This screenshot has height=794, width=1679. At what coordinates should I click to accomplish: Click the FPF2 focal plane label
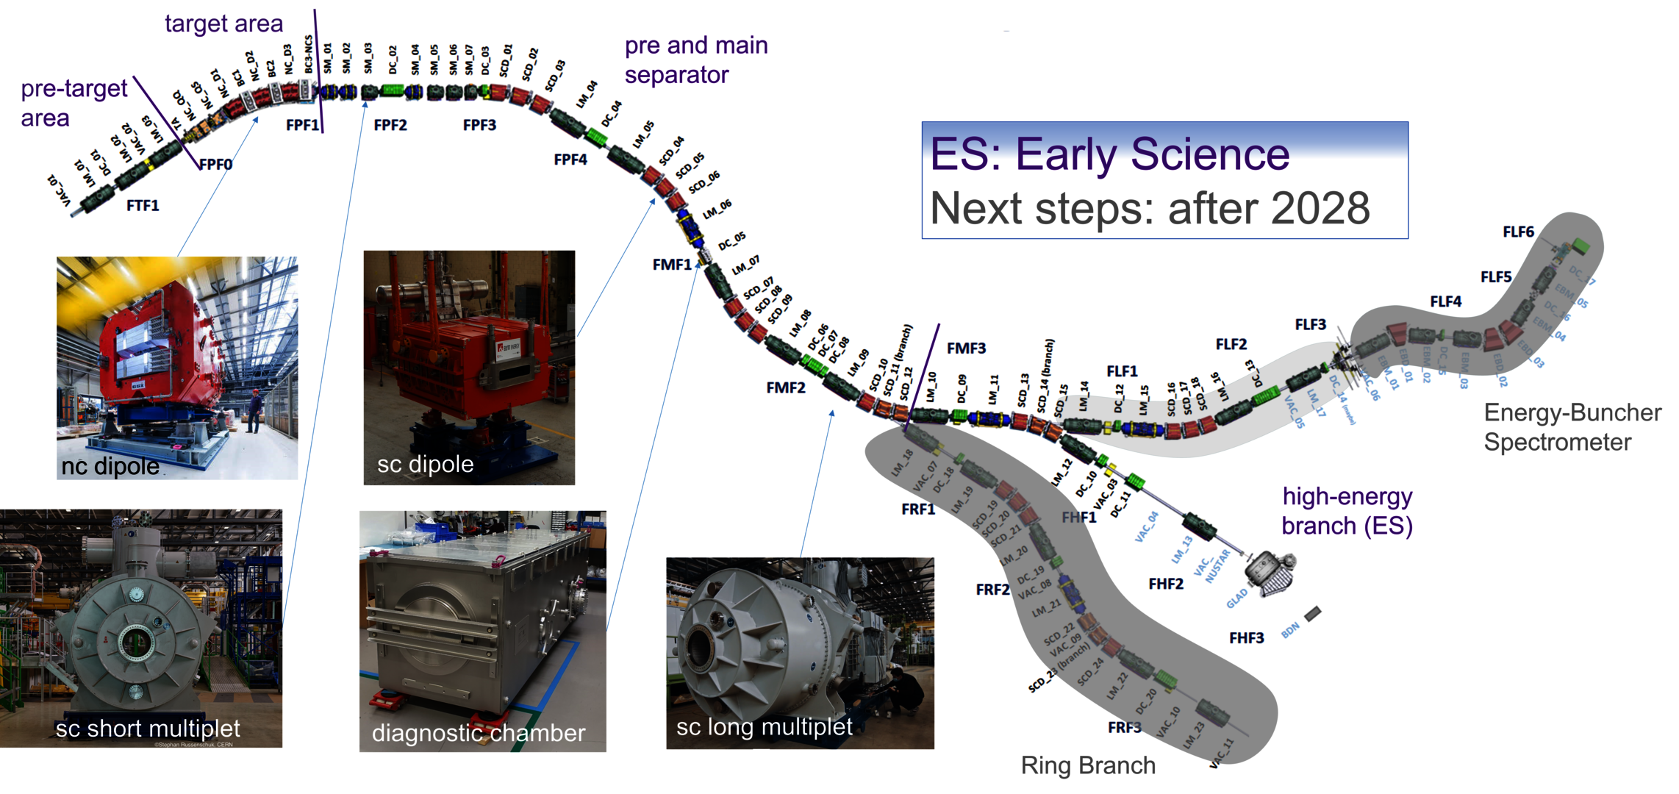coord(390,125)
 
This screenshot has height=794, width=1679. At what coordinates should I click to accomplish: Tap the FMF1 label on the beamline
coord(672,265)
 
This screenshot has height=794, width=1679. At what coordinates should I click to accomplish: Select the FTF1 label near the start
coord(143,206)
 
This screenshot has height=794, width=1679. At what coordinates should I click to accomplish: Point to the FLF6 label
coord(1518,232)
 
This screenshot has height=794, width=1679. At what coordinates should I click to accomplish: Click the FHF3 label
coord(1247,638)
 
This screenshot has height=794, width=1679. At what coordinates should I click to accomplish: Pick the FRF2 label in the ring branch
coord(992,590)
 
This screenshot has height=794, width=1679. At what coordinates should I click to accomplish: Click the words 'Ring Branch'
coord(1088,766)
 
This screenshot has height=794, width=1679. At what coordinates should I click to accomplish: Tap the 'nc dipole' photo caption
coord(110,466)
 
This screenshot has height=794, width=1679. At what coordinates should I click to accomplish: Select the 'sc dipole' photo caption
coord(425,464)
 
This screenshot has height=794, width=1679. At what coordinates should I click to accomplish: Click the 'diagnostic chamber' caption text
coord(479,733)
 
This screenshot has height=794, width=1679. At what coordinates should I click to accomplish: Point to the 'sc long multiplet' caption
coord(764,727)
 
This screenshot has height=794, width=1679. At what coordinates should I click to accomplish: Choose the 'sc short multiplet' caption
coord(148,729)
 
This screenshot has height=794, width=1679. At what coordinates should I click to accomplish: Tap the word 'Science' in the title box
coord(1209,154)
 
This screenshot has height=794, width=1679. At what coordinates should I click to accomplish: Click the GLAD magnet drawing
coord(1270,573)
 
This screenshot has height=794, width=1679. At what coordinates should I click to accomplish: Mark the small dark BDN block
coord(1313,613)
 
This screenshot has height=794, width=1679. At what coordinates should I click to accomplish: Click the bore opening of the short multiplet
coord(135,640)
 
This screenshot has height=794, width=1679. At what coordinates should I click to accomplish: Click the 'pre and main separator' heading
coord(695,60)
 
